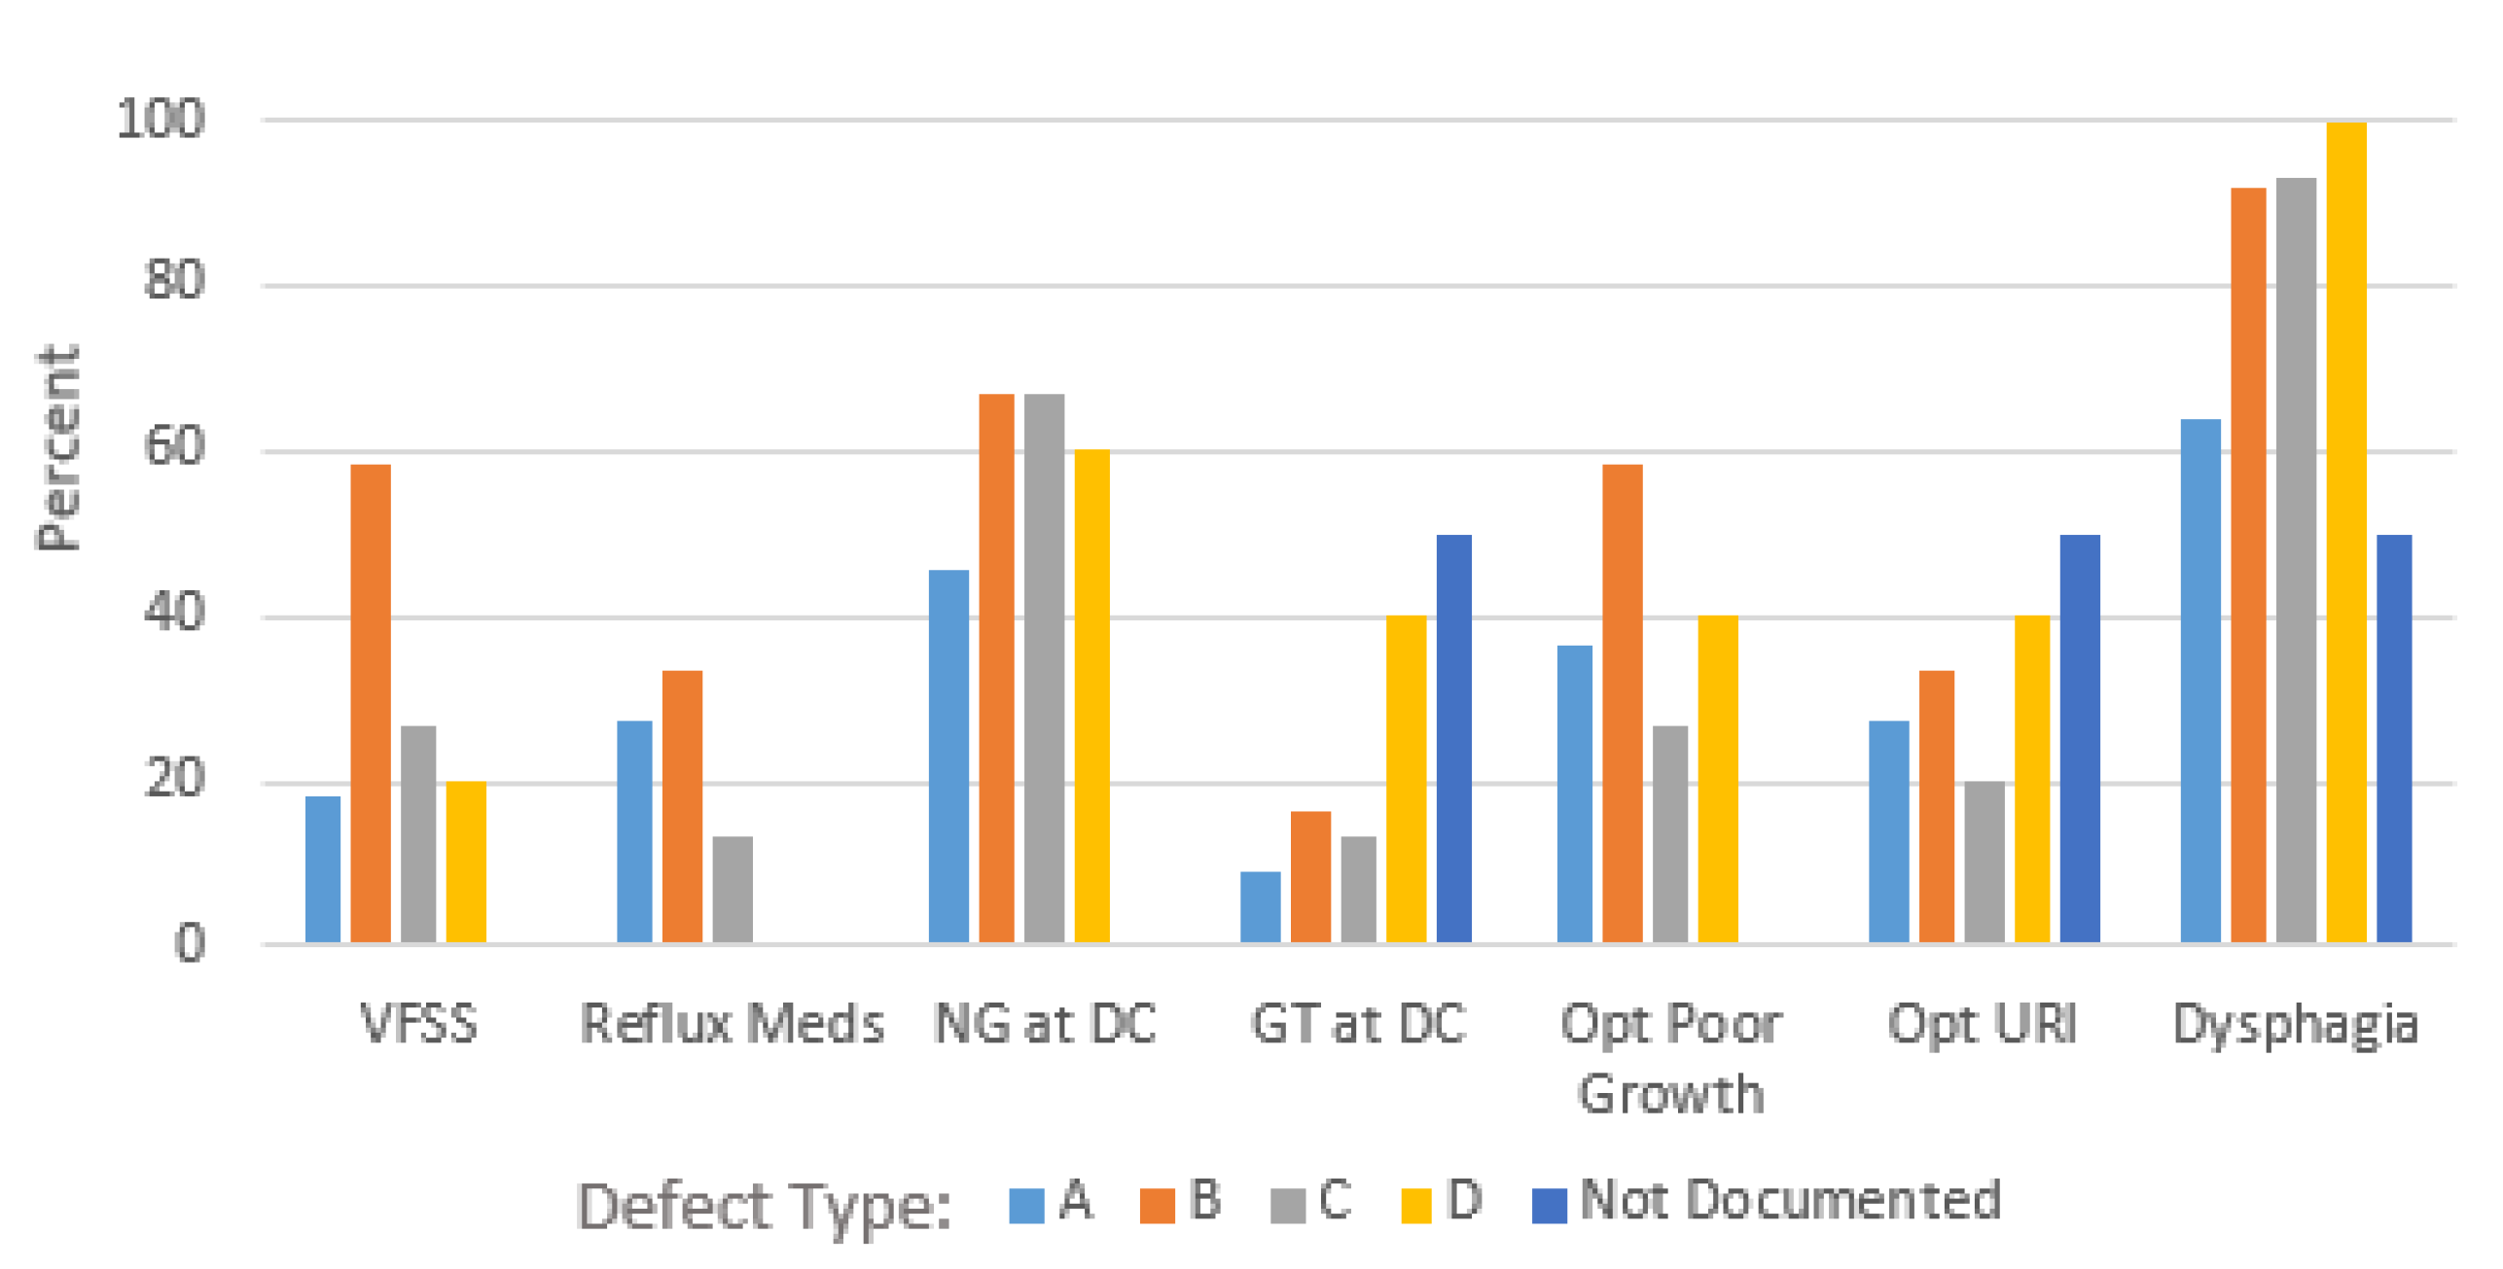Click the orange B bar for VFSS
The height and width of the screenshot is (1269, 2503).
pyautogui.click(x=370, y=702)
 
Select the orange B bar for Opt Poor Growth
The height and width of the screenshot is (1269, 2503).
pyautogui.click(x=1621, y=702)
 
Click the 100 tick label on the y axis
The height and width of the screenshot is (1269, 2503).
pyautogui.click(x=161, y=120)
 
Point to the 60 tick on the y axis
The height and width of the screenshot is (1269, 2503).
pyautogui.click(x=174, y=448)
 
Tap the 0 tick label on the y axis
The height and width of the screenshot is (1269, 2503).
pyautogui.click(x=189, y=943)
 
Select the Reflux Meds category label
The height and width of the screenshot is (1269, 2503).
pyautogui.click(x=732, y=1023)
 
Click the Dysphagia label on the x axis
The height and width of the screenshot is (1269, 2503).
pyautogui.click(x=2295, y=1023)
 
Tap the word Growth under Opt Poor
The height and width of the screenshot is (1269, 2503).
pyautogui.click(x=1669, y=1093)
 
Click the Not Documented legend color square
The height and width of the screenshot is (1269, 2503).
pyautogui.click(x=1548, y=1205)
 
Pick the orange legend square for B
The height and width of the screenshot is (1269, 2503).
pyautogui.click(x=1156, y=1205)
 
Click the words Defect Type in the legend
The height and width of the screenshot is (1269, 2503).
pyautogui.click(x=764, y=1205)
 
